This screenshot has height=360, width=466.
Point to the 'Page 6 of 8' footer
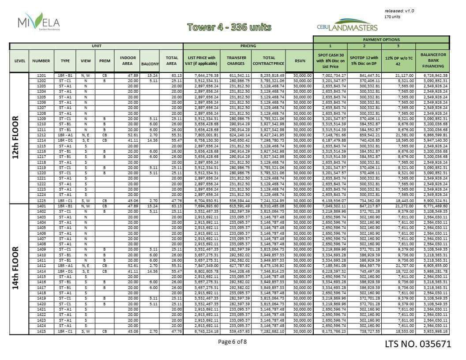233,341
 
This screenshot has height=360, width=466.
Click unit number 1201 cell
41,75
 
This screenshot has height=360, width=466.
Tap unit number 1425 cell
41,331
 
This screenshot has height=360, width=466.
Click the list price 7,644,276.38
201,75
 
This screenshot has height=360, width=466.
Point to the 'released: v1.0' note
399,11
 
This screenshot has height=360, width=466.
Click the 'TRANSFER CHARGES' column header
236,60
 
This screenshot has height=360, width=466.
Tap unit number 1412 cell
41,266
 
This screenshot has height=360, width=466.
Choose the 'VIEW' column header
86,60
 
